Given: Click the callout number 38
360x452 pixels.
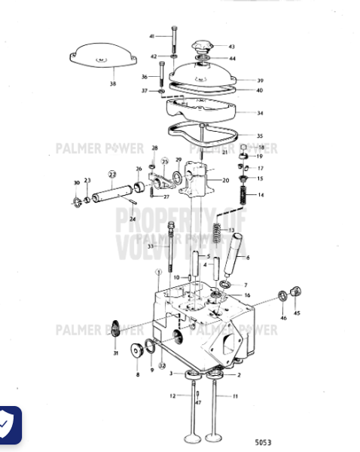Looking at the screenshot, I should pyautogui.click(x=113, y=84).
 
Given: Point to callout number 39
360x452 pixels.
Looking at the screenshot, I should pyautogui.click(x=260, y=80).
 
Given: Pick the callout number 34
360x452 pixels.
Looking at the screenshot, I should pyautogui.click(x=260, y=113).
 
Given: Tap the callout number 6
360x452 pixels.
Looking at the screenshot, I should pyautogui.click(x=249, y=258).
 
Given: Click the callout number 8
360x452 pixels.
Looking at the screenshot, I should pyautogui.click(x=137, y=374).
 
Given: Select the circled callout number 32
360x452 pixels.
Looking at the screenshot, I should pyautogui.click(x=161, y=365).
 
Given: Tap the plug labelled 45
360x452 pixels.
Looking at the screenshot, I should pyautogui.click(x=295, y=291).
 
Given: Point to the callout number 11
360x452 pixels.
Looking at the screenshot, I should pyautogui.click(x=235, y=396).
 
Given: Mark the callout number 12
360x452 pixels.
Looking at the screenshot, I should pyautogui.click(x=172, y=396).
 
